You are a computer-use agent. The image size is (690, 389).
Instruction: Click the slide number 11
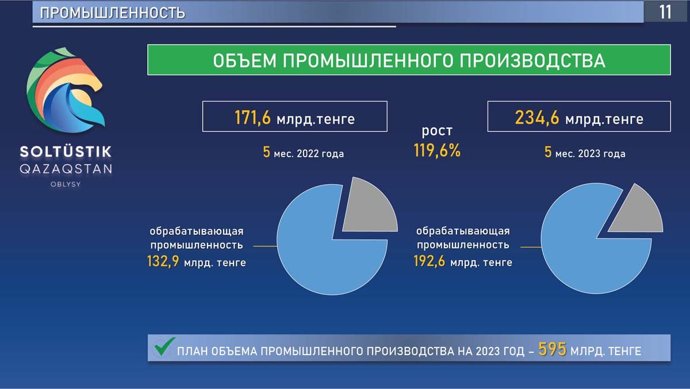click(665, 12)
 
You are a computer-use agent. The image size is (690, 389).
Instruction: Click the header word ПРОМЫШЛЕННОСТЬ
click(113, 13)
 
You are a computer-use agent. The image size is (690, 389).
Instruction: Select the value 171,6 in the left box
click(252, 118)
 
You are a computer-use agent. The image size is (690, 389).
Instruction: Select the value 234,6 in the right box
click(537, 118)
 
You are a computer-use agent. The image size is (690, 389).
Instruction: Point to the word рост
click(437, 131)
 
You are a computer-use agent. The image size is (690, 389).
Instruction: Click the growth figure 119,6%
click(437, 151)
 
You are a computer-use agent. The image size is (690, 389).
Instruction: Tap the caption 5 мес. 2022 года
click(304, 152)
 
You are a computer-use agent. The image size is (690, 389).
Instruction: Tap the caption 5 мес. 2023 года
click(585, 152)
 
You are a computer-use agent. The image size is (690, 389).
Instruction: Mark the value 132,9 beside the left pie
click(163, 261)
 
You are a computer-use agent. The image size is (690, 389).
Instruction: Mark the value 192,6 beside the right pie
click(430, 261)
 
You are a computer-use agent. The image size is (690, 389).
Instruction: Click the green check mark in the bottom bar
click(164, 346)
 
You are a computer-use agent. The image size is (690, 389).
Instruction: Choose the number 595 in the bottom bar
click(553, 349)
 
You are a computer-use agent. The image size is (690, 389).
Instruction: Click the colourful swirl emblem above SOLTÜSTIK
click(66, 90)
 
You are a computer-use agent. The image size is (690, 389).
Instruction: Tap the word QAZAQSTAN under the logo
click(66, 169)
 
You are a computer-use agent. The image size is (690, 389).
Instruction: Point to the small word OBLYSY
click(66, 184)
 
